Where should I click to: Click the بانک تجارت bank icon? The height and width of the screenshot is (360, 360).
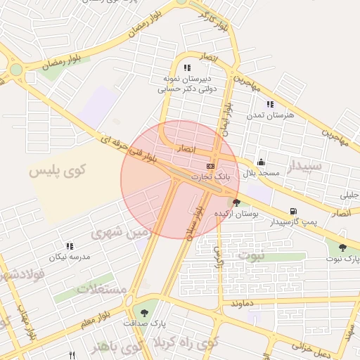[x=210, y=165]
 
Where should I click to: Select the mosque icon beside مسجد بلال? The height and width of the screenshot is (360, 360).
[x=261, y=162]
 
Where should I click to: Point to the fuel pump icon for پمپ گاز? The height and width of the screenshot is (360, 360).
[x=292, y=212]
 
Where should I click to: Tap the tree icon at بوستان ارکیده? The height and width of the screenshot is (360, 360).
[x=236, y=202]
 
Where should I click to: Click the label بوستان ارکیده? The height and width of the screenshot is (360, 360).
[x=236, y=212]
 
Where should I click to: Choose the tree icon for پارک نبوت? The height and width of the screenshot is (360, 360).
[x=342, y=247]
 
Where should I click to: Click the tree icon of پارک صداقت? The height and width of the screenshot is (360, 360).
[x=145, y=312]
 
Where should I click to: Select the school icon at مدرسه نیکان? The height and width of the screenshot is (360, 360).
[x=70, y=246]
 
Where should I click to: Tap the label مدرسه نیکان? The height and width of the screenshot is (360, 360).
[x=70, y=257]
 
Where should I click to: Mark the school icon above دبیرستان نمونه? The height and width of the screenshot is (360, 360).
[x=187, y=67]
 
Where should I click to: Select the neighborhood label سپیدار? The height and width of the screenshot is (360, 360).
[x=303, y=167]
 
